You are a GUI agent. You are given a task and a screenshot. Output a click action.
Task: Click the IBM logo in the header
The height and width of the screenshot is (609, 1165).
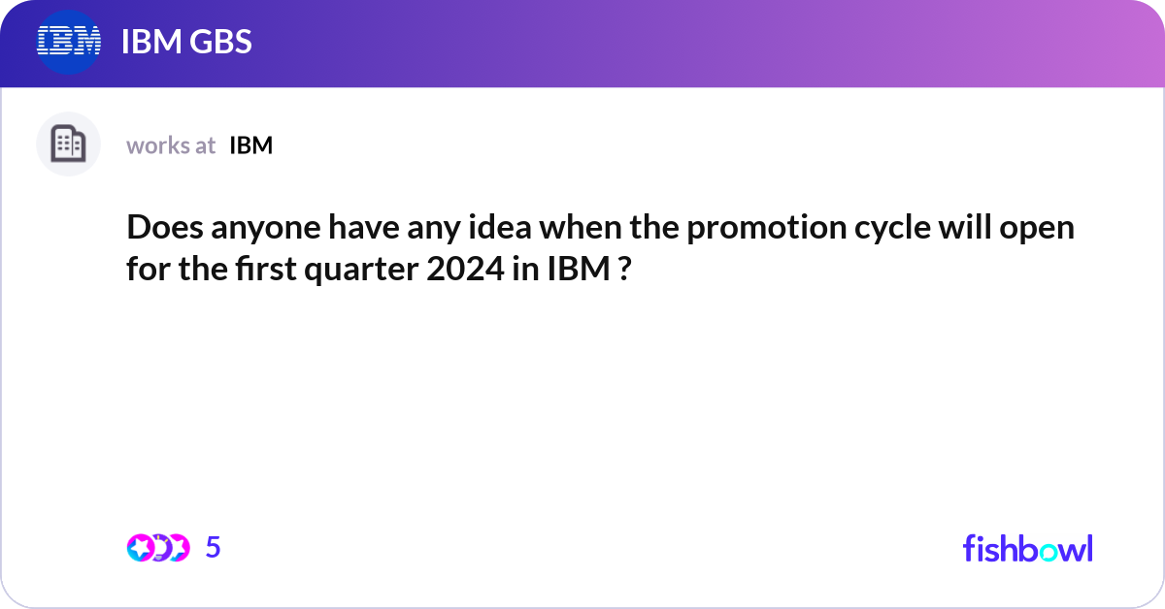point(68,41)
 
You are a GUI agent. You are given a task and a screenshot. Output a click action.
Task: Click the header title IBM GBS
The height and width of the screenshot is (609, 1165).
point(186,42)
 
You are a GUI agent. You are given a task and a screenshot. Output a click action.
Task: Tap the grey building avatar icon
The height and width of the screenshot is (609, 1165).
point(68,144)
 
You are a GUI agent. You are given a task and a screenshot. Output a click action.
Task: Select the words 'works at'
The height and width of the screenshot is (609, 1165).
point(171,145)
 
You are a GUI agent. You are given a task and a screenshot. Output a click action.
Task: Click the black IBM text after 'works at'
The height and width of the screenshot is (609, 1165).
point(250,145)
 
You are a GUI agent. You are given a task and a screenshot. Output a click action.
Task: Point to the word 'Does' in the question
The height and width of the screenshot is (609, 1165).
point(155,230)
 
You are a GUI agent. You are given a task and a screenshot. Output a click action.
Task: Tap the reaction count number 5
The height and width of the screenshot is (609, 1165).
point(214,548)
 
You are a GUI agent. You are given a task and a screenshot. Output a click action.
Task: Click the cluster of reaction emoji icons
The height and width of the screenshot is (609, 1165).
point(157,548)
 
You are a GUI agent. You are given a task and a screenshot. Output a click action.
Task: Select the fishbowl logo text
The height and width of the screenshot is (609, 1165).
point(1027,548)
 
